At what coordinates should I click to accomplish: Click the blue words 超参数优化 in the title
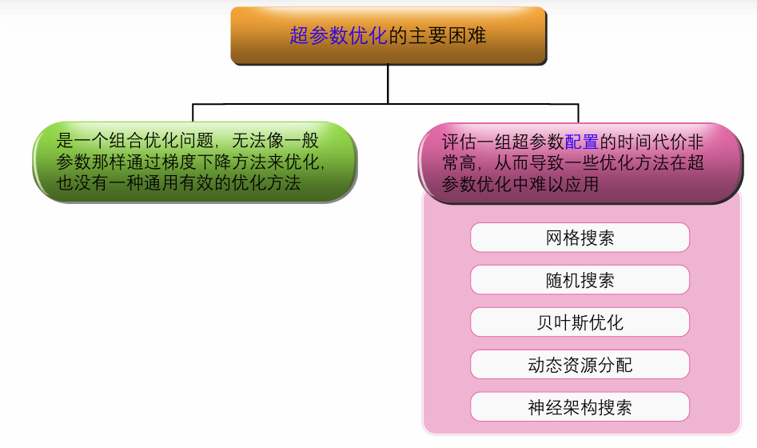(338, 36)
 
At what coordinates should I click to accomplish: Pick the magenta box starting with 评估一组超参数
(580, 163)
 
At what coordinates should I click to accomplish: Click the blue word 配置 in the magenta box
(582, 142)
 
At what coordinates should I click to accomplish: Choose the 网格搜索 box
(580, 238)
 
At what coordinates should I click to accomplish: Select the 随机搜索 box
(580, 280)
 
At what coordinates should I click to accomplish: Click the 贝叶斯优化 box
(580, 322)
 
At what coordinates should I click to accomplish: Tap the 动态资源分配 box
(580, 365)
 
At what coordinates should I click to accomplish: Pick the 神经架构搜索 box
(580, 407)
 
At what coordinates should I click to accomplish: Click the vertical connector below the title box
(388, 84)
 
